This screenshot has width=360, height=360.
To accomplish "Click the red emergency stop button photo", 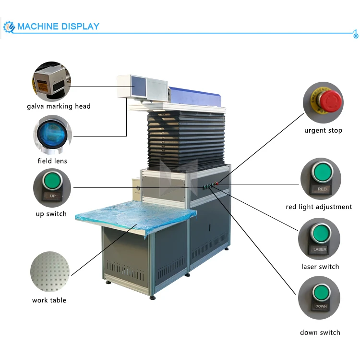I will (330, 100).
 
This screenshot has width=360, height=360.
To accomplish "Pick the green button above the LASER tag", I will (319, 234).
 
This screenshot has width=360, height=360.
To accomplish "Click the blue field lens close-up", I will (52, 133).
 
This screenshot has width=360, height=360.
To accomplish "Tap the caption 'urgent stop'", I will (323, 131).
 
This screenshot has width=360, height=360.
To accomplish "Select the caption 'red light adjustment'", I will (319, 207).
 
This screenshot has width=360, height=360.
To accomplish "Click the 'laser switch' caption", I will (320, 267).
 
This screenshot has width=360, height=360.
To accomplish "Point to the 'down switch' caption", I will (320, 333).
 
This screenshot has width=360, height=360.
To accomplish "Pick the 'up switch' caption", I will (51, 214).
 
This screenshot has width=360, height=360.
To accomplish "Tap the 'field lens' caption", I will (52, 161).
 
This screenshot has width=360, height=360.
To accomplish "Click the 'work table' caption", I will (49, 300).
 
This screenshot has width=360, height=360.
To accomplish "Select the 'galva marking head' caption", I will (59, 106).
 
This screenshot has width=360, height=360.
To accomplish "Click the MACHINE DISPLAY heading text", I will (58, 26).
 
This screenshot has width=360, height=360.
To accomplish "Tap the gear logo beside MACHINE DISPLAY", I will (9, 27).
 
